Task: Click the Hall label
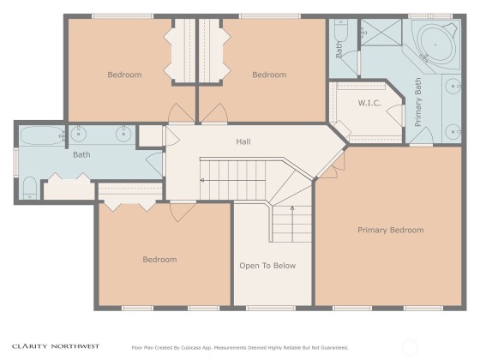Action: [x=243, y=141]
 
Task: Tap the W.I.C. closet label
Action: [x=369, y=103]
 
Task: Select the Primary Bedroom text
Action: [x=391, y=230]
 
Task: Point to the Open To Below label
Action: [x=267, y=266]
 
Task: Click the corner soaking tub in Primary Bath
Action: [x=435, y=45]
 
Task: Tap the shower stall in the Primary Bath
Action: [x=381, y=33]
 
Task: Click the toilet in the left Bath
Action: [x=30, y=188]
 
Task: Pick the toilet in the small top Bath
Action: [x=340, y=30]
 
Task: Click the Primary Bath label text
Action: [x=418, y=102]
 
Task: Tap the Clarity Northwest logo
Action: [x=56, y=346]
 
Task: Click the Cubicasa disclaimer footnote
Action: [x=240, y=348]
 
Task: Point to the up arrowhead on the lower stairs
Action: [x=292, y=208]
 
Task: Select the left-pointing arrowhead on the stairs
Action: [x=202, y=181]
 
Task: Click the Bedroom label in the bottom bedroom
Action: [x=159, y=260]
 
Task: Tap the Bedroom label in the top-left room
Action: [x=124, y=75]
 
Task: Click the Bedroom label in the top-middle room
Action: [x=269, y=75]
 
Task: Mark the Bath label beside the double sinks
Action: [x=81, y=154]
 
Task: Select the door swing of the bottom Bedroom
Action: [x=183, y=212]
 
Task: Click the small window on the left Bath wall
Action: [x=15, y=162]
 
